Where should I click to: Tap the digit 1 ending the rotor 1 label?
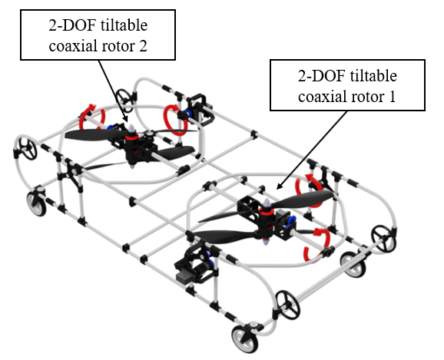click(393, 97)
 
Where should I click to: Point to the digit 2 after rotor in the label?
click(143, 46)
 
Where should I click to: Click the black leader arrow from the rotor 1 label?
click(312, 150)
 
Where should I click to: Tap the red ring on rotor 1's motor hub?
click(265, 210)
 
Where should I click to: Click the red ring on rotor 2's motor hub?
click(131, 137)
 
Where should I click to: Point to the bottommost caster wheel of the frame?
click(245, 339)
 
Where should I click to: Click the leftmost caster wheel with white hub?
click(37, 203)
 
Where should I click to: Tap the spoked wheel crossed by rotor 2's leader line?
click(124, 101)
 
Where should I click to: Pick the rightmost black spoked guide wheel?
click(383, 238)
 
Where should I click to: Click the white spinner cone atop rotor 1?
click(267, 203)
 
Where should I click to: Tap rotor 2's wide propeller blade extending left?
click(94, 134)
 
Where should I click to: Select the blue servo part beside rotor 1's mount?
click(292, 220)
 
